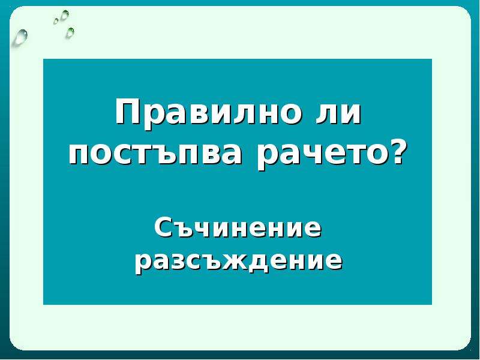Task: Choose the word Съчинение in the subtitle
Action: tap(238, 229)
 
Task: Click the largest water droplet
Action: tap(20, 37)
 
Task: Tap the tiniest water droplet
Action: tap(56, 21)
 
